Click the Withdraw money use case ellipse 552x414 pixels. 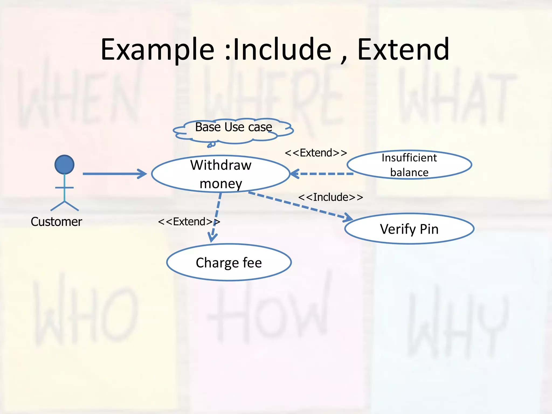[x=220, y=174]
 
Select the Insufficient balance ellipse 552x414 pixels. [x=409, y=165]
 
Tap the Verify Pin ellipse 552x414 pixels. [x=409, y=229]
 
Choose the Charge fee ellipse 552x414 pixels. [x=229, y=262]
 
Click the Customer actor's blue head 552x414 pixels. [x=64, y=164]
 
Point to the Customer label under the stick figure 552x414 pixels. [x=56, y=222]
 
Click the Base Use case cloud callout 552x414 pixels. [x=233, y=130]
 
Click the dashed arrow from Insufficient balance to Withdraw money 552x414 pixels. [x=322, y=174]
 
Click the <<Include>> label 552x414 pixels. [x=330, y=197]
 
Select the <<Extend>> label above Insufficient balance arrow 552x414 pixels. [x=316, y=153]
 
